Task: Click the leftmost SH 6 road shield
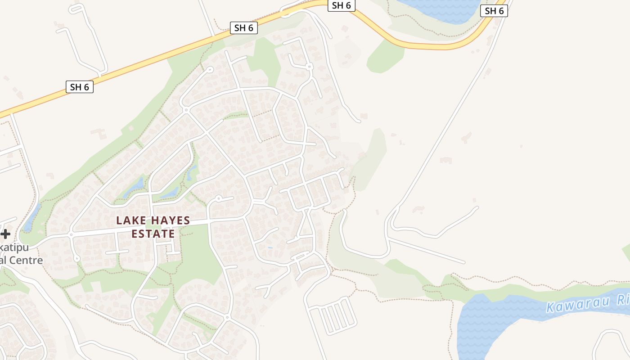[x=80, y=87]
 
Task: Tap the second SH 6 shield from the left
[x=244, y=27]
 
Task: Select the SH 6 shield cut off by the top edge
[x=341, y=5]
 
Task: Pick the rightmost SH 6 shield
[x=494, y=11]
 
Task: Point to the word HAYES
[x=170, y=221]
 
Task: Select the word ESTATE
[x=153, y=234]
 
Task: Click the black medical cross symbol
[x=5, y=234]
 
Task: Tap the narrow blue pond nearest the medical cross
[x=31, y=218]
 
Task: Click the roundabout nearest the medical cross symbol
[x=71, y=234]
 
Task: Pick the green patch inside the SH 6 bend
[x=385, y=57]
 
